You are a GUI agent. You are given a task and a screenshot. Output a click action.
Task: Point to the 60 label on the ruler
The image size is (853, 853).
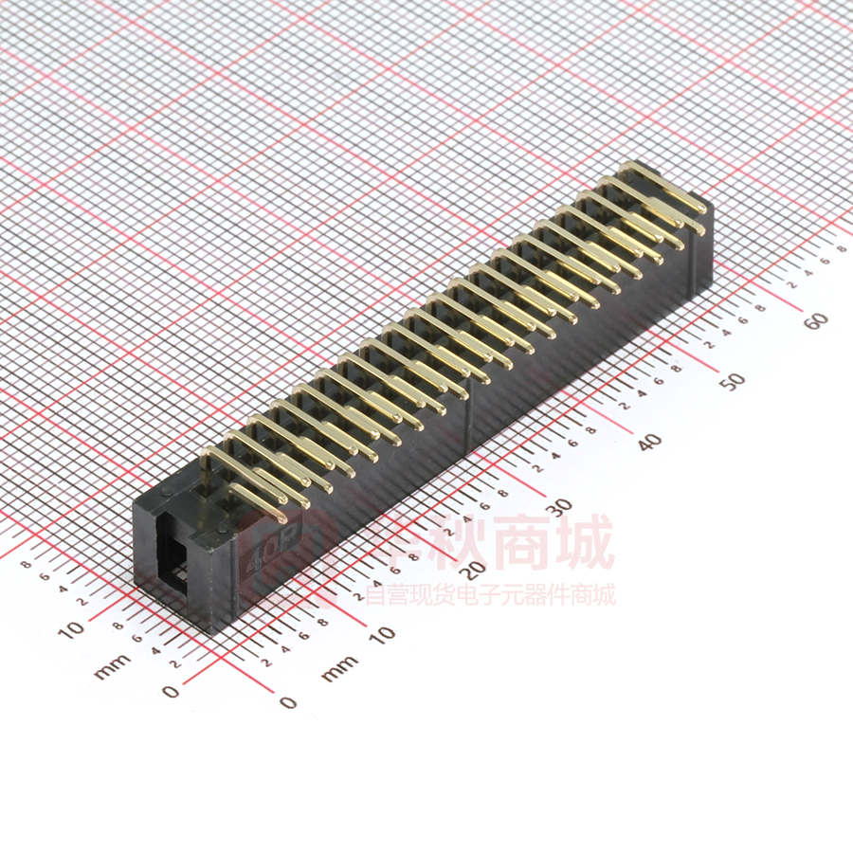816,320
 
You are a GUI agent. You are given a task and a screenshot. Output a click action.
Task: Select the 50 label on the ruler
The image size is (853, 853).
732,380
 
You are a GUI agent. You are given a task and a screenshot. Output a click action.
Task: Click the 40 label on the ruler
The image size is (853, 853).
649,441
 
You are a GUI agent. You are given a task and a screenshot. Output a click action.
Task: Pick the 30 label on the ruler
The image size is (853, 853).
563,504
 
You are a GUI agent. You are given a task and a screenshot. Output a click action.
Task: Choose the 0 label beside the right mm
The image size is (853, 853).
288,702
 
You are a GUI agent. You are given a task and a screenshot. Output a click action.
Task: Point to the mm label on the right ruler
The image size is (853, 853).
339,668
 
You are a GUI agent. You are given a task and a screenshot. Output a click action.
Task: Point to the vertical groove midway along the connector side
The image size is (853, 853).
471,417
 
